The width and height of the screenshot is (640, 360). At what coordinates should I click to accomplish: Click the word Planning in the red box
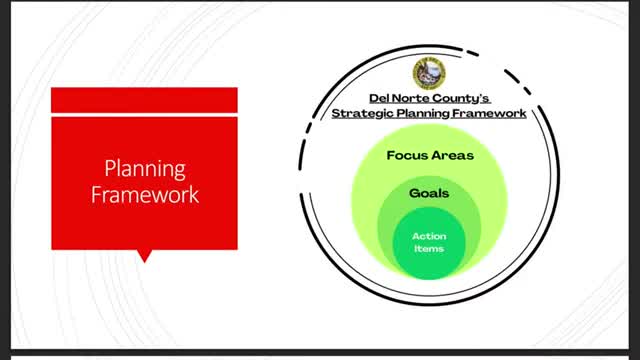145,169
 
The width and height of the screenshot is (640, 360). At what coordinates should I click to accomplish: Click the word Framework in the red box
145,194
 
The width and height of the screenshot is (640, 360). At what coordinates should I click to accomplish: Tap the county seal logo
429,73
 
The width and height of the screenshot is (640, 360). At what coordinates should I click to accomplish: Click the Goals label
429,193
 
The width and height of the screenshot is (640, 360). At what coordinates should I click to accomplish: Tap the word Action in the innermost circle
429,236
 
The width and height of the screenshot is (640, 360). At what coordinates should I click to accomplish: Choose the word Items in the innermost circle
429,249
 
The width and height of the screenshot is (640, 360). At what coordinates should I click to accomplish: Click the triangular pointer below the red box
144,256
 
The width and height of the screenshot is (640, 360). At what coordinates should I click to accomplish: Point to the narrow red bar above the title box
144,100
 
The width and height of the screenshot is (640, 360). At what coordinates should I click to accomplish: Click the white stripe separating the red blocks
144,115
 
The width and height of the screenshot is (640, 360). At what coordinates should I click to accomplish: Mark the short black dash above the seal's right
473,53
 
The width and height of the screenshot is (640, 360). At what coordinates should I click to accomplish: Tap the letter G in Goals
415,193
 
